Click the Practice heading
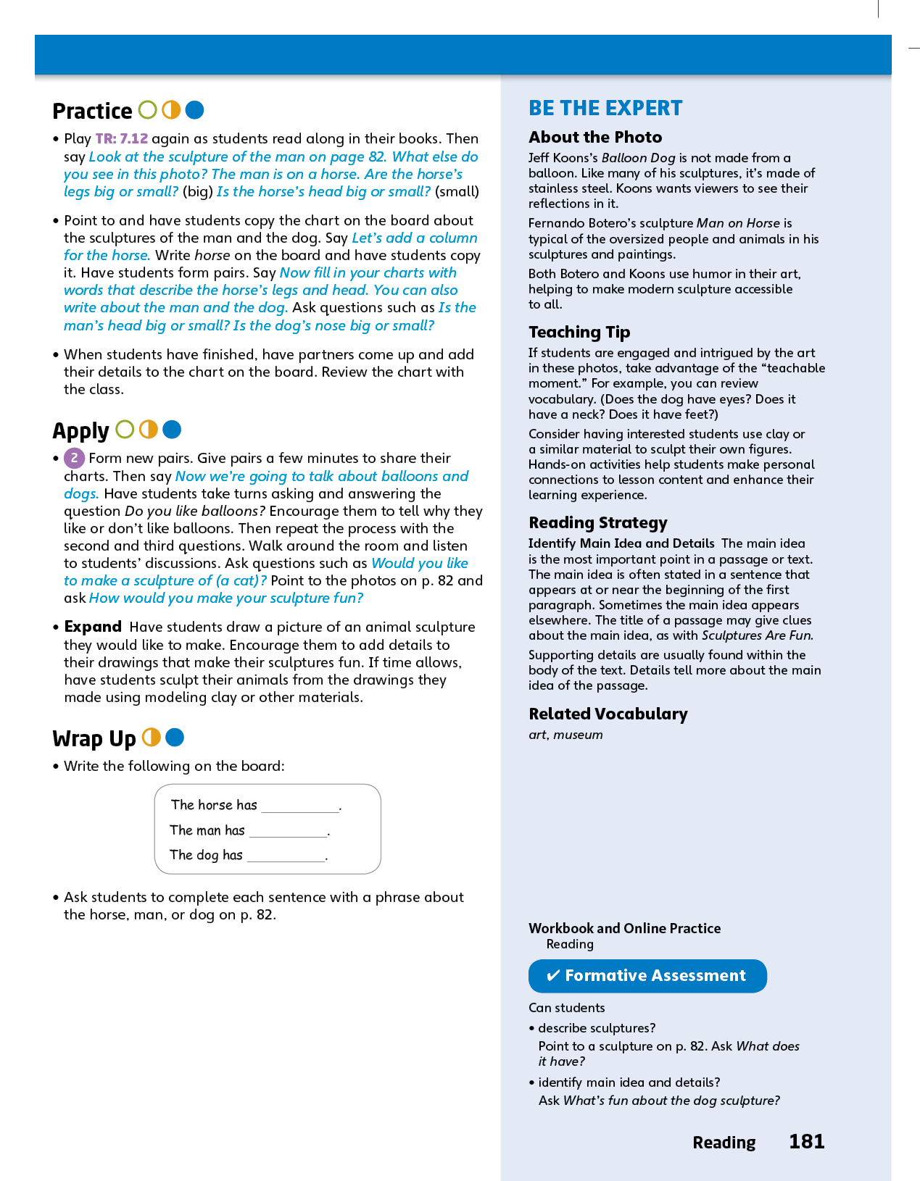tap(92, 111)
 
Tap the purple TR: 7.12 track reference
tap(121, 138)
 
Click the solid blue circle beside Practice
tap(194, 110)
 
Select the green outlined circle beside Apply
tap(125, 430)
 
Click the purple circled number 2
tap(74, 458)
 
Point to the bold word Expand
tap(93, 627)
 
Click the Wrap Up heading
tap(94, 738)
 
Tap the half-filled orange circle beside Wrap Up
tap(152, 738)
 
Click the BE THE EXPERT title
tap(605, 109)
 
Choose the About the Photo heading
tap(595, 138)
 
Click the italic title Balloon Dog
tap(638, 158)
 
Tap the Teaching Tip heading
tap(579, 333)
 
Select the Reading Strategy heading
tap(597, 523)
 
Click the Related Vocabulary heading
tap(608, 714)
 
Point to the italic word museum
tap(578, 735)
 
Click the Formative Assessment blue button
tap(647, 976)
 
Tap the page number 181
tap(806, 1142)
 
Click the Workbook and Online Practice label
tap(624, 928)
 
